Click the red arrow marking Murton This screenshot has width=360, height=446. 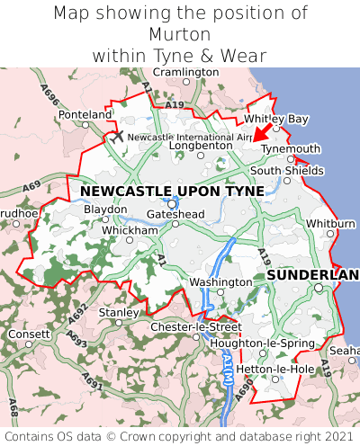(x=261, y=133)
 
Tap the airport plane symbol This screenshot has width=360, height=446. (x=117, y=136)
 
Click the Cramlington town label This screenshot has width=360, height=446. (x=185, y=72)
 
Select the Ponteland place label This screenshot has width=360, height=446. (x=85, y=115)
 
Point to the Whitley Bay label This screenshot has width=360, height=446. (x=276, y=119)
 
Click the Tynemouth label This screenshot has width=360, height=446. (x=291, y=149)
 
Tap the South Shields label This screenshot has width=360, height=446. (x=287, y=171)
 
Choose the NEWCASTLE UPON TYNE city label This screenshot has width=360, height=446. (x=172, y=192)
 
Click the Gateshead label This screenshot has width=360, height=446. (x=175, y=214)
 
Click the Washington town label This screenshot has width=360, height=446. (x=220, y=282)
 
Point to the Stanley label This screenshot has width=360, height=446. (x=117, y=312)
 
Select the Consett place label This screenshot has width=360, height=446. (x=30, y=334)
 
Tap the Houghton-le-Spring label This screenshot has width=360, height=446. (x=262, y=343)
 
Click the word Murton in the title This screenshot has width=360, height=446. (x=180, y=33)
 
